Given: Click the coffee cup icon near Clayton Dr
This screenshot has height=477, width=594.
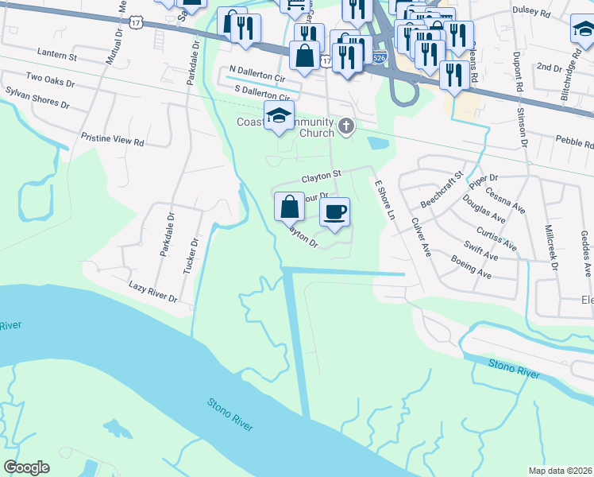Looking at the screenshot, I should click(334, 211).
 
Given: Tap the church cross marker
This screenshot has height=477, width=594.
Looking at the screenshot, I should click(345, 126).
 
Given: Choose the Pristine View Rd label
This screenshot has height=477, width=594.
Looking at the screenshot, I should click(112, 140).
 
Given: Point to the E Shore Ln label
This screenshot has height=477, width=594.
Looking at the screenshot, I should click(384, 200).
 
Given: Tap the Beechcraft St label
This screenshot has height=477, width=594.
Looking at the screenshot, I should click(442, 188).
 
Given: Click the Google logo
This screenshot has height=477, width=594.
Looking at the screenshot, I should click(26, 467).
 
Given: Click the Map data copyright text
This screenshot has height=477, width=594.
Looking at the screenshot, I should click(560, 470).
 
